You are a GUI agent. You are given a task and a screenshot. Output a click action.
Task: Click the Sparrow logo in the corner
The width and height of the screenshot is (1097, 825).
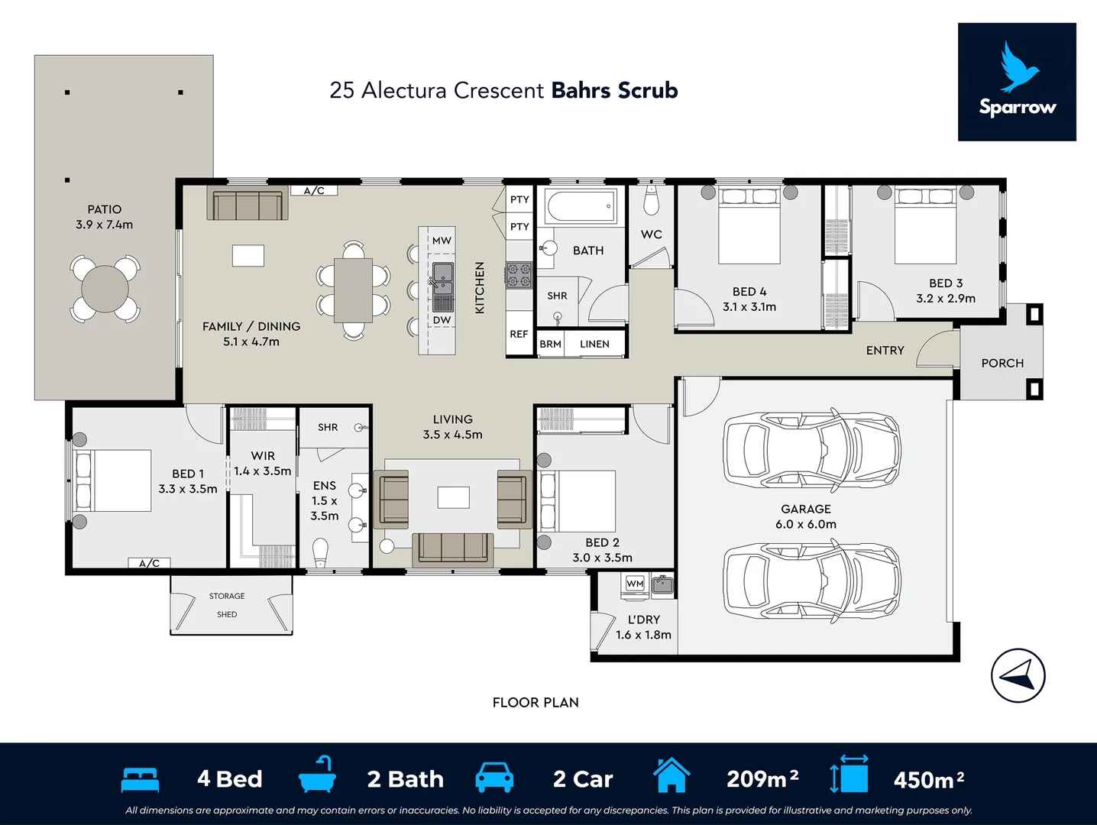point(1017,82)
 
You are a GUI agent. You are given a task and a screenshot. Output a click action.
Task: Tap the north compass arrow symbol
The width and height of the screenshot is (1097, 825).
point(1018,676)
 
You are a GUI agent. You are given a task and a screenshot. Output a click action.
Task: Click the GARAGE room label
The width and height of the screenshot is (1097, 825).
point(805,510)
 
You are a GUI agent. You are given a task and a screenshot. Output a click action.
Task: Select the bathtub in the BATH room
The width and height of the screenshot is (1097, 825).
point(581,206)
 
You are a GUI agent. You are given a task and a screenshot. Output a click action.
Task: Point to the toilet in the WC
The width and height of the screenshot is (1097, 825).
point(651,202)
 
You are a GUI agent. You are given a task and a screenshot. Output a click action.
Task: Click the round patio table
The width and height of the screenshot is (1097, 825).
point(105,289)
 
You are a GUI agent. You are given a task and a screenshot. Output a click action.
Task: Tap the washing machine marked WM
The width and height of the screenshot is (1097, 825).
point(635,584)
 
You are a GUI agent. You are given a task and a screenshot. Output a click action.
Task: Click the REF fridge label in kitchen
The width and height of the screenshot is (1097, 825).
point(519,335)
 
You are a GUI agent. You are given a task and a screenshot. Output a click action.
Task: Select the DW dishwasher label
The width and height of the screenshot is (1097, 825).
point(442,320)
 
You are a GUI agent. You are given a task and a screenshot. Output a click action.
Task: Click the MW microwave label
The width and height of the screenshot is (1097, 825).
point(442,241)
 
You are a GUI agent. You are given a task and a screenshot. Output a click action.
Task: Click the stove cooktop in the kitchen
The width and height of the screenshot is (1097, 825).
point(519,275)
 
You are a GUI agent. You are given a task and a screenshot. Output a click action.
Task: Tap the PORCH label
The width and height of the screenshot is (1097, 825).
point(1002,364)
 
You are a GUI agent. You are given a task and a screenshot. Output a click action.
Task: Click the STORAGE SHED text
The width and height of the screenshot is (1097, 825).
point(227,605)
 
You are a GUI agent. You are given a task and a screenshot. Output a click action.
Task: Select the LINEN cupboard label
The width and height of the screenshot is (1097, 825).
point(594,345)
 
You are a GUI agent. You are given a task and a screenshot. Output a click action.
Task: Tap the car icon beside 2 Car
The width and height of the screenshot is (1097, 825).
point(494,778)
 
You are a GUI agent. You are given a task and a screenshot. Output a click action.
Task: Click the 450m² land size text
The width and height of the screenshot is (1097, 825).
point(928,780)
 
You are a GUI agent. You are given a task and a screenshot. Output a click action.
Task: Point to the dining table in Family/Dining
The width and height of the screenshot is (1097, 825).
point(353,290)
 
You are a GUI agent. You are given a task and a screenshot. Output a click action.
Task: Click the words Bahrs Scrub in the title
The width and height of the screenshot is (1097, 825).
point(614,91)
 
